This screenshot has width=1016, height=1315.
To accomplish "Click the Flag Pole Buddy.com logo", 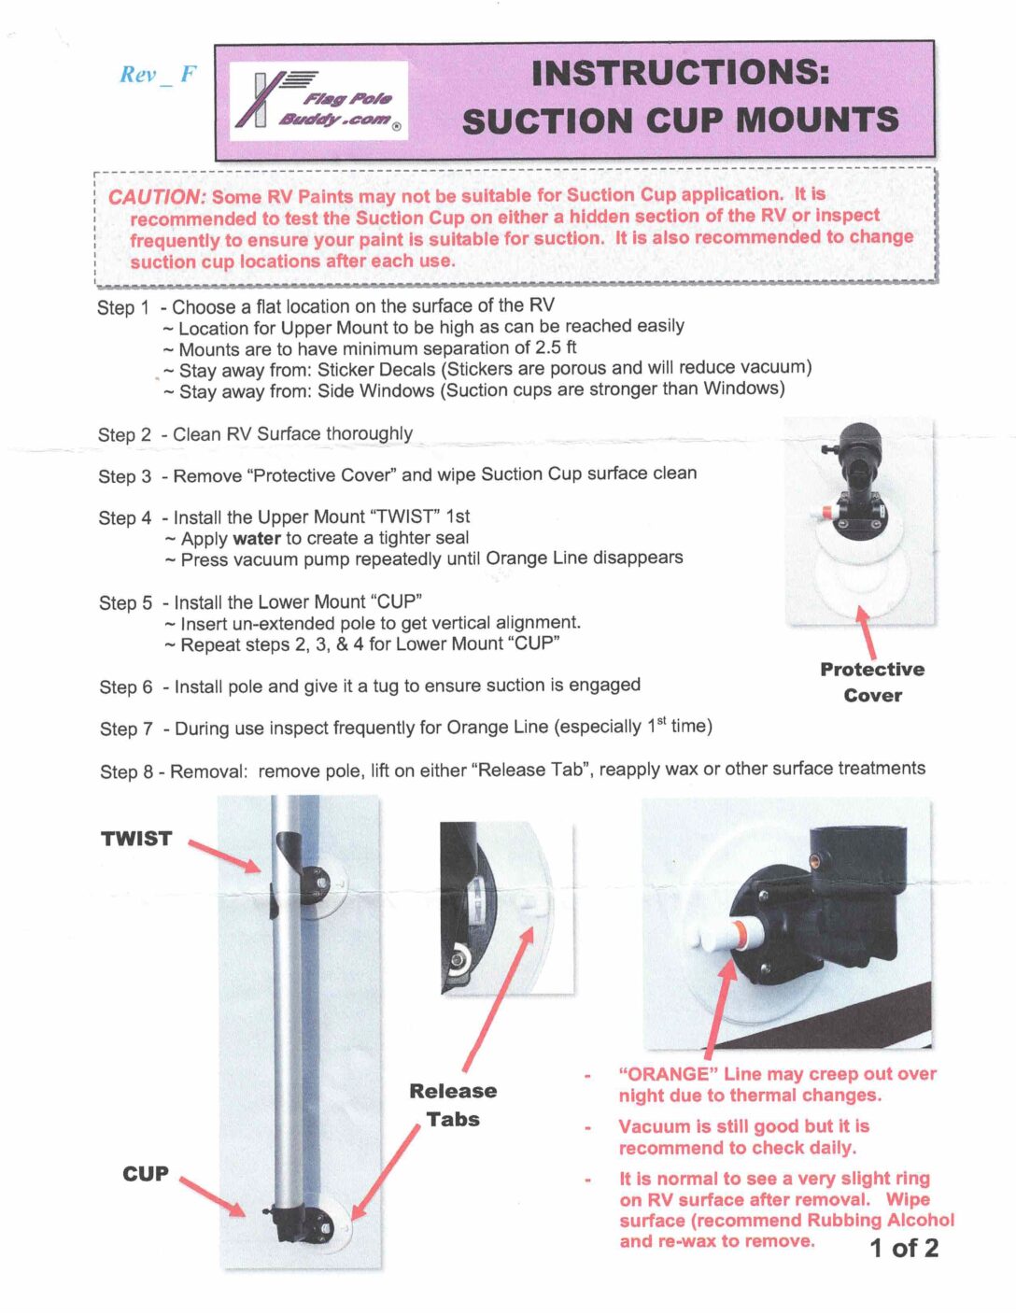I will pyautogui.click(x=318, y=101).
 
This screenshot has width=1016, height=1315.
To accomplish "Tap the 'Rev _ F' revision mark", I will pyautogui.click(x=158, y=75).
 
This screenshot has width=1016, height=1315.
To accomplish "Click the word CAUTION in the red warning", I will pyautogui.click(x=156, y=197).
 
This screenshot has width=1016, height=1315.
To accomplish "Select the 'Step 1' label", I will pyautogui.click(x=123, y=307).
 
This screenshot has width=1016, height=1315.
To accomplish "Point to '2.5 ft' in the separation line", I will pyautogui.click(x=556, y=347).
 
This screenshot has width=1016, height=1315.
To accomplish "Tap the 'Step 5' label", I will pyautogui.click(x=125, y=602).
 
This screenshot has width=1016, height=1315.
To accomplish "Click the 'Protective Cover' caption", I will pyautogui.click(x=872, y=682).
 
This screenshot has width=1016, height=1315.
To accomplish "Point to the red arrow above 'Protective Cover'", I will pyautogui.click(x=868, y=633).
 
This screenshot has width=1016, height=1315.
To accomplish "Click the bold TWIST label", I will pyautogui.click(x=136, y=839).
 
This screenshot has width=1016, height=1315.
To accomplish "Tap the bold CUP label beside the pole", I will pyautogui.click(x=146, y=1174).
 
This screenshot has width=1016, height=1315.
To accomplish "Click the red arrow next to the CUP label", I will pyautogui.click(x=213, y=1196).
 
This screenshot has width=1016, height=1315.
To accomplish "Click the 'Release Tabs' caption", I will pyautogui.click(x=453, y=1104).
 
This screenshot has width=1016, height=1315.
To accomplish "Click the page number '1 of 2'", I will pyautogui.click(x=904, y=1248).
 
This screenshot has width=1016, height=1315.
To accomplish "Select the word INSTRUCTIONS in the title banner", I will pyautogui.click(x=681, y=73).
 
